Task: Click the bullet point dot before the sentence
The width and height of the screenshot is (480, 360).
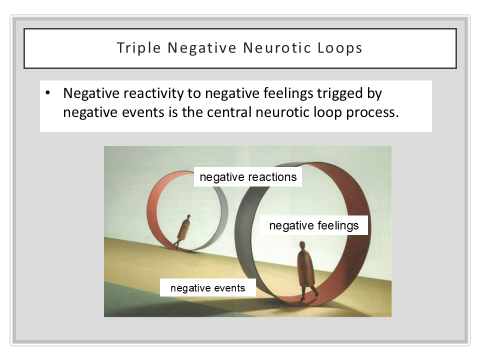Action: pyautogui.click(x=48, y=93)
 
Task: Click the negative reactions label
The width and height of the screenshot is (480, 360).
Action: pyautogui.click(x=248, y=177)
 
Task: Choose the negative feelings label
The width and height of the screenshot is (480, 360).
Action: pyautogui.click(x=314, y=225)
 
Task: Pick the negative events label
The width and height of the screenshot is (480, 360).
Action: pyautogui.click(x=207, y=288)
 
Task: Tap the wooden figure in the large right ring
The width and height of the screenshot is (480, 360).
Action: pyautogui.click(x=305, y=270)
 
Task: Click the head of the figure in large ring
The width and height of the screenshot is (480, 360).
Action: pyautogui.click(x=302, y=245)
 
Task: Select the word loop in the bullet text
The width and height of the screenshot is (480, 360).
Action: pyautogui.click(x=323, y=111)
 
